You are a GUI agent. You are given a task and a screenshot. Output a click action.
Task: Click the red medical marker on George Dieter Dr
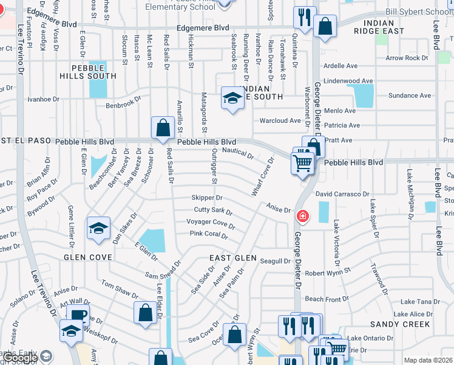pyautogui.click(x=302, y=217)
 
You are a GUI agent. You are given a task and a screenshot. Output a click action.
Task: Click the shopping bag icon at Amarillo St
pyautogui.click(x=163, y=129)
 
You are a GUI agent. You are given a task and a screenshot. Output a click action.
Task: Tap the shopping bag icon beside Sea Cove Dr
pyautogui.click(x=234, y=334)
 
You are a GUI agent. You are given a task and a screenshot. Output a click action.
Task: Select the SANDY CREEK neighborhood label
pyautogui.click(x=400, y=324)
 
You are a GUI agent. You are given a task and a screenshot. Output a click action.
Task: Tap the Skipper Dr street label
pyautogui.click(x=207, y=198)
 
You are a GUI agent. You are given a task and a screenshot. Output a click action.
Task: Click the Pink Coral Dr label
pyautogui.click(x=208, y=234)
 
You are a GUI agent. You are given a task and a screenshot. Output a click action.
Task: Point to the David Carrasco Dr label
pyautogui.click(x=342, y=194)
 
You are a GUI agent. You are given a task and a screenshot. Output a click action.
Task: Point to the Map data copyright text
pyautogui.click(x=428, y=360)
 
